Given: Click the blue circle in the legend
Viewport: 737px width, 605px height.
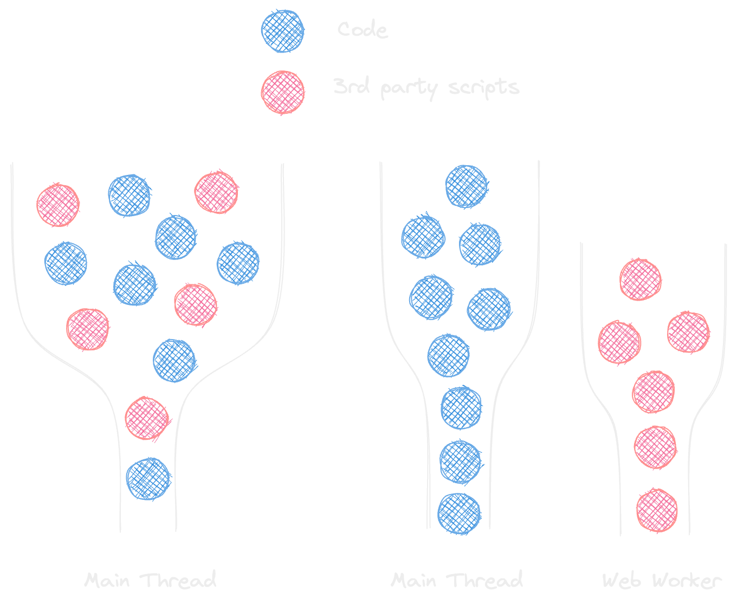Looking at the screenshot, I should coord(282,31).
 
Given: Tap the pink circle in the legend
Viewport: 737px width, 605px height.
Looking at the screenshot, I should coord(282,92).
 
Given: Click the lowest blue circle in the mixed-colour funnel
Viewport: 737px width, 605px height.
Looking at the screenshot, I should coord(148,479).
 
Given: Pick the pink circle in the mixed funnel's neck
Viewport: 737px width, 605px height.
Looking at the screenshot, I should coord(147,418).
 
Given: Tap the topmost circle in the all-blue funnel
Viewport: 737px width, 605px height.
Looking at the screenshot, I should coord(466,186).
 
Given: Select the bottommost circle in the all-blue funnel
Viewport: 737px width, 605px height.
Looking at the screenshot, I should coord(459,513).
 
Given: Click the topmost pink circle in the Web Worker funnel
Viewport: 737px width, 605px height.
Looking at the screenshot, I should coord(641,279).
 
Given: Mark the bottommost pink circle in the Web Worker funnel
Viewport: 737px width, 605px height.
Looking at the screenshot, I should coord(657,510).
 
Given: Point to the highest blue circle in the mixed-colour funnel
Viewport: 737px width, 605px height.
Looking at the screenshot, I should coord(129,195).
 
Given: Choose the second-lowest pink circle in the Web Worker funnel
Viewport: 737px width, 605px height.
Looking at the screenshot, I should coord(655,447).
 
